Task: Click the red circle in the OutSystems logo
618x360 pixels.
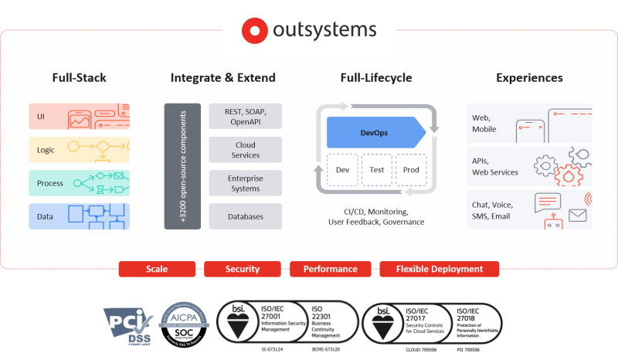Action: coord(253,31)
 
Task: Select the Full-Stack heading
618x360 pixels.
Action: coord(79,78)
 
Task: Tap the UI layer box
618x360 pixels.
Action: coord(79,117)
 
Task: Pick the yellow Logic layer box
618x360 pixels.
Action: coord(79,150)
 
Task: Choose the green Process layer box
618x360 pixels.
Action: coord(79,183)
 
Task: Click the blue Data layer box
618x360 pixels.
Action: coord(79,216)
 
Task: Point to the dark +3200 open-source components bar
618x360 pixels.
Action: coord(182,166)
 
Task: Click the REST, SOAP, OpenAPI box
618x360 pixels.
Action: coord(245,117)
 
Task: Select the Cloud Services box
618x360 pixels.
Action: coord(245,150)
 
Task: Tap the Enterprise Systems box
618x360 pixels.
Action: coord(245,183)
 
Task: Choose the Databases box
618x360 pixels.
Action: coord(245,216)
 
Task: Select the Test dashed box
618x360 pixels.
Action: coord(375,170)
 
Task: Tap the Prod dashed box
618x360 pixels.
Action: coord(409,170)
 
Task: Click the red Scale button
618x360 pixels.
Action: coord(157,269)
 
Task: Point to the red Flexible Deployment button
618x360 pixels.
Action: coord(440,269)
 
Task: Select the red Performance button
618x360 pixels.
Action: coord(330,269)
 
